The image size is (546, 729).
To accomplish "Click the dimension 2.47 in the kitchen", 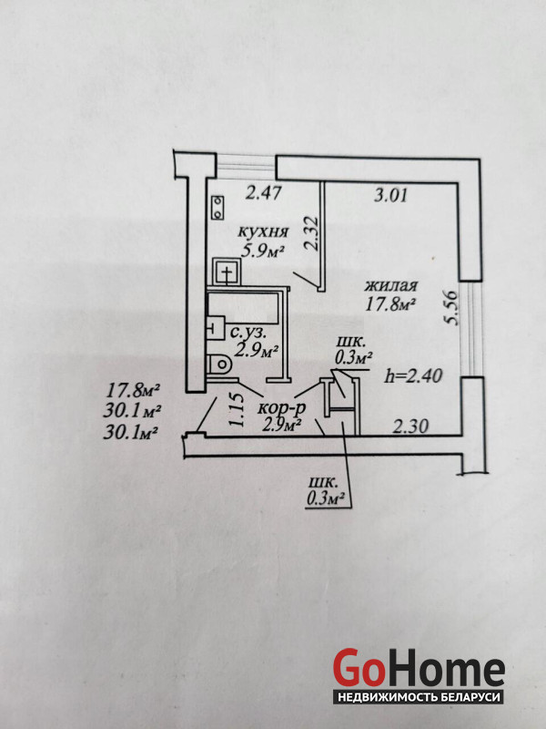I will click(x=264, y=192).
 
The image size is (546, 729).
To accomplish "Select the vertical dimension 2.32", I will click(x=310, y=235).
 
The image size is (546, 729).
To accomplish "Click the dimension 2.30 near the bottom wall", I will click(x=410, y=425).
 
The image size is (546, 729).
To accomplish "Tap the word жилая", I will click(x=392, y=285).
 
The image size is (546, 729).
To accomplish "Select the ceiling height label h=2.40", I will click(x=415, y=375).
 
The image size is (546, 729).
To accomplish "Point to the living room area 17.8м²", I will click(x=392, y=305).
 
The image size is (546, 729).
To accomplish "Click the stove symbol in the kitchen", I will click(x=219, y=208).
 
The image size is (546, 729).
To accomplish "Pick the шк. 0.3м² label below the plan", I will click(x=327, y=489).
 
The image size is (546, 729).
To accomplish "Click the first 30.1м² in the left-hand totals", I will click(x=134, y=412).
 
